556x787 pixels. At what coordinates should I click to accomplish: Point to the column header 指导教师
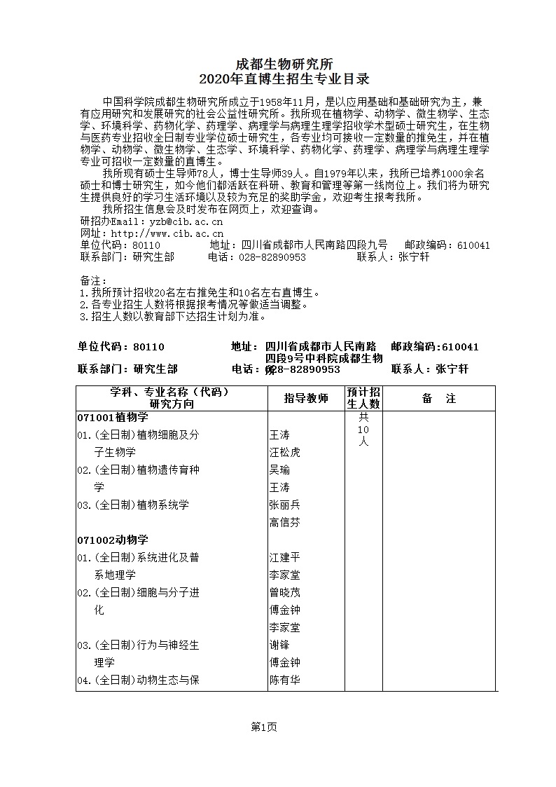point(305,399)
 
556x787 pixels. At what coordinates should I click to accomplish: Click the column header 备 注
point(439,399)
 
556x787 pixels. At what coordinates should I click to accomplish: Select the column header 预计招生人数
point(364,398)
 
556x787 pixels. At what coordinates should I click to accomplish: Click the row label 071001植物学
point(112,418)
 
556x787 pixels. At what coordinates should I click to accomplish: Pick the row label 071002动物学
point(112,540)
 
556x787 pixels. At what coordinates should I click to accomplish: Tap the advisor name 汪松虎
point(284,453)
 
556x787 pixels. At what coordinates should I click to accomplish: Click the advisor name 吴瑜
point(279,470)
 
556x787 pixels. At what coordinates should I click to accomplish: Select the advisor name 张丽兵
point(284,505)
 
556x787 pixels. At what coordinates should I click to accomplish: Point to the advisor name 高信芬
point(284,522)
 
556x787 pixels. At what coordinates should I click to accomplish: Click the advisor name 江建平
point(284,558)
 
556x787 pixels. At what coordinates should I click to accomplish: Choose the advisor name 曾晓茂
point(284,593)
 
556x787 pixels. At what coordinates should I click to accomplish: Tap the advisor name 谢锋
point(279,645)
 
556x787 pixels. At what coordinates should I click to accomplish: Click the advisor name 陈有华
point(284,680)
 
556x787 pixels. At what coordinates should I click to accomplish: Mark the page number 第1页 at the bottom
point(264,727)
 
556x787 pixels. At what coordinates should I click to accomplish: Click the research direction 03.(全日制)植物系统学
point(133,505)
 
